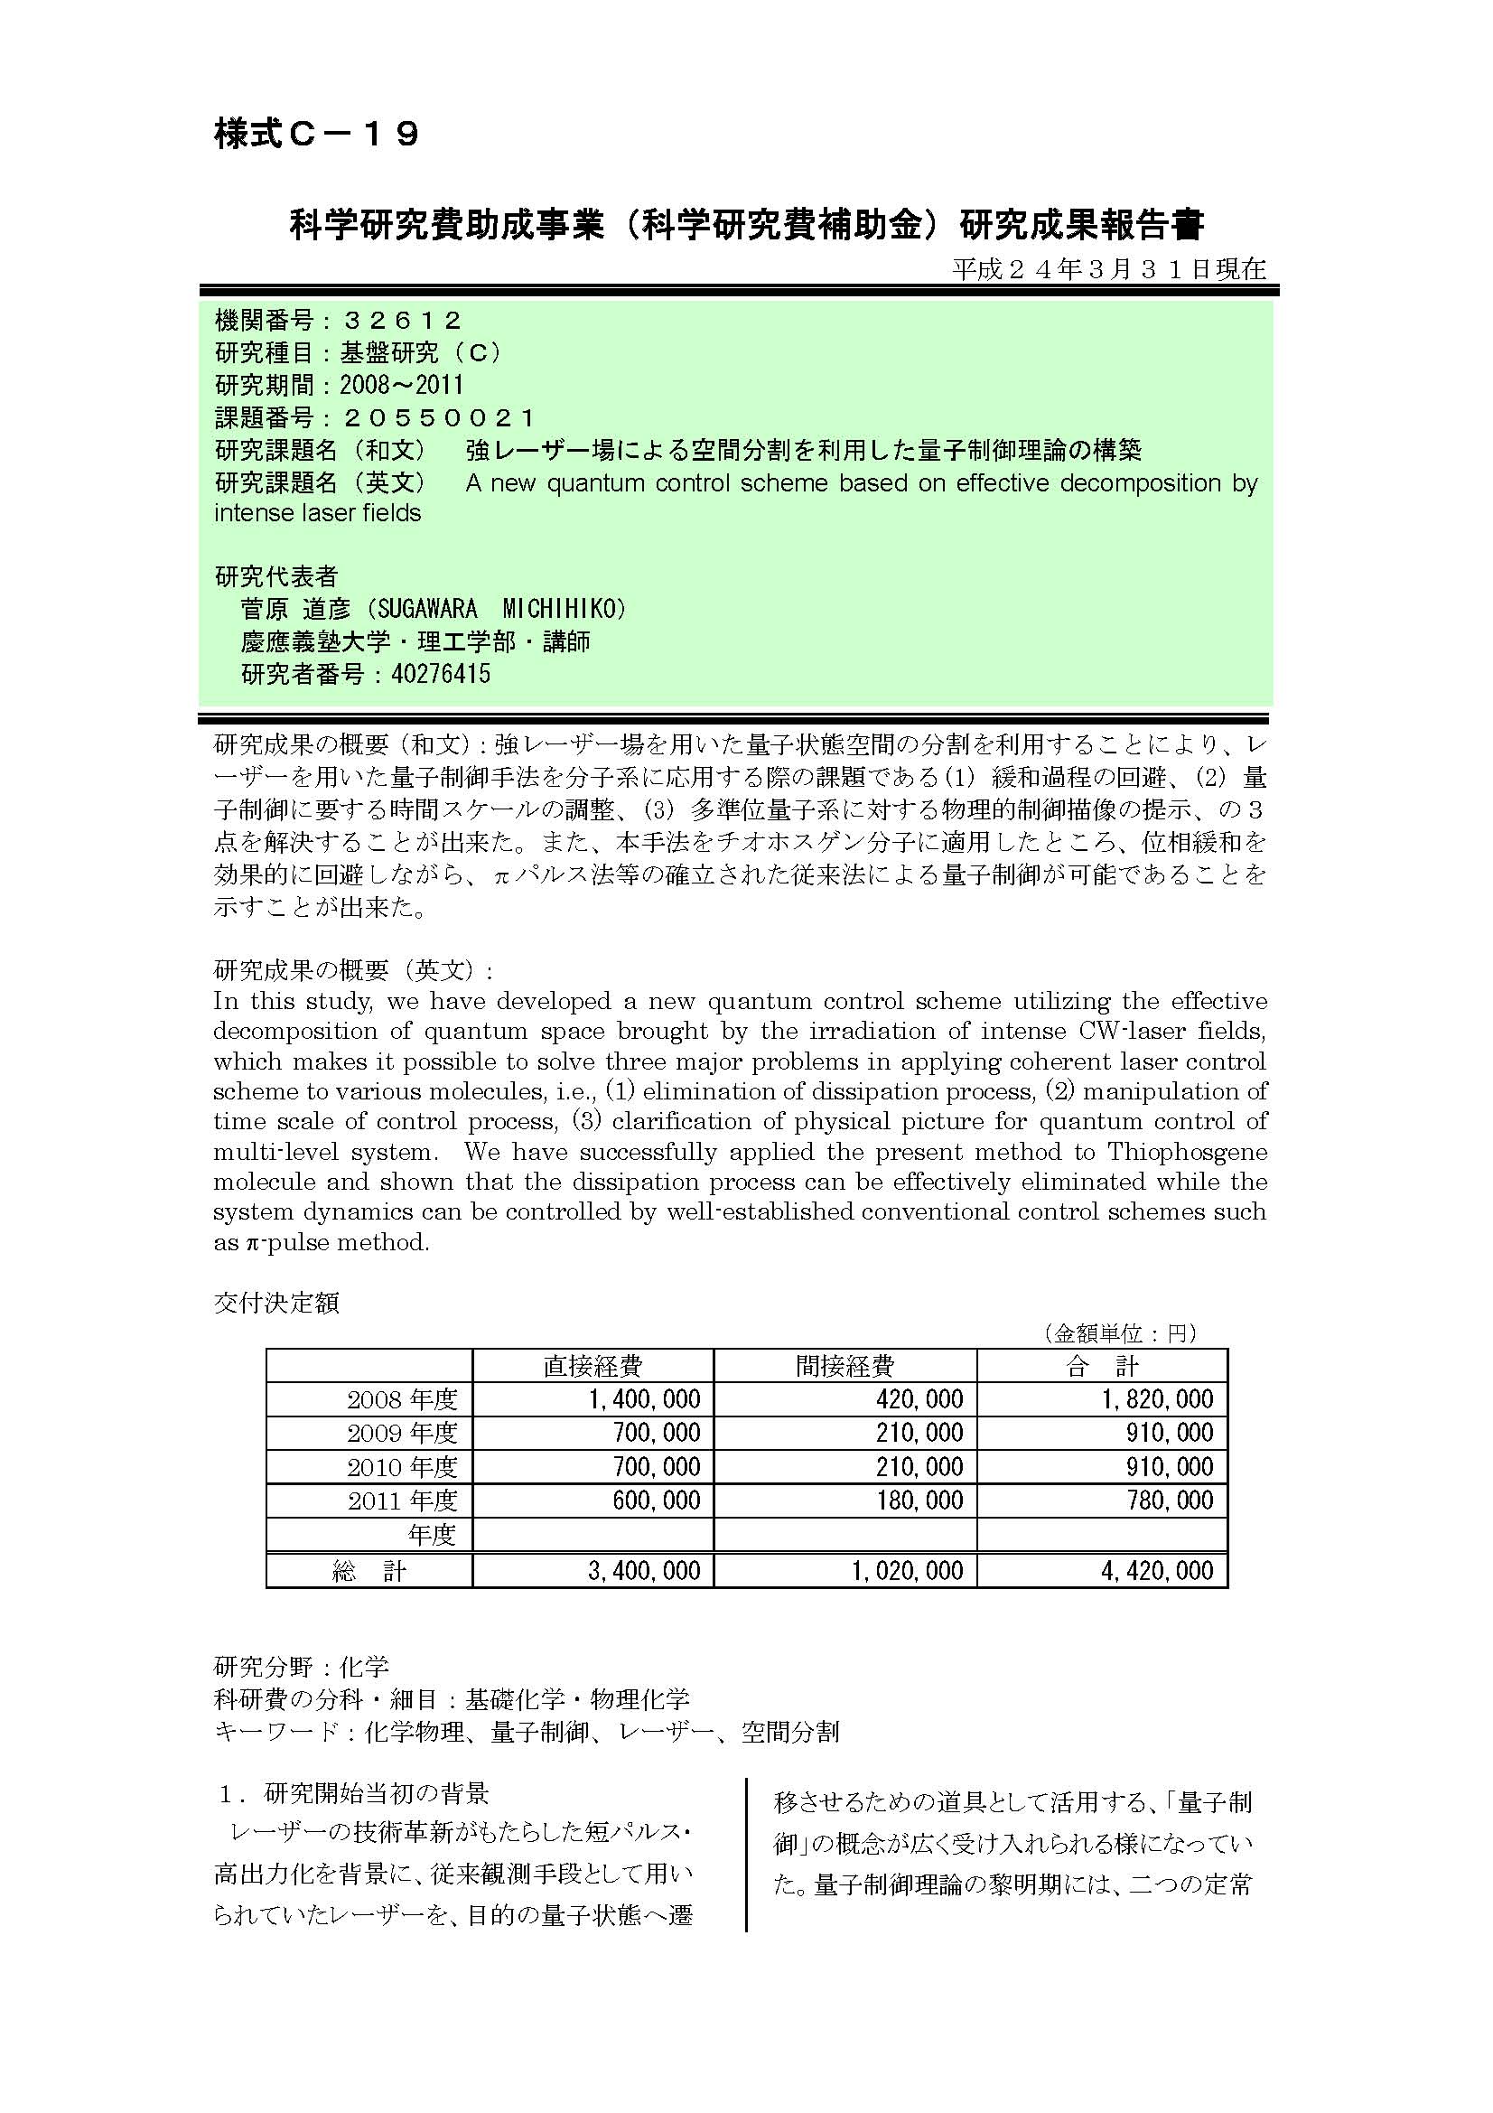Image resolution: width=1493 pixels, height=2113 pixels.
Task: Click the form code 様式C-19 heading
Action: tap(316, 135)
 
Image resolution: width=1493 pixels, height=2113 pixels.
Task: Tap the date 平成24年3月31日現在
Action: tap(1108, 268)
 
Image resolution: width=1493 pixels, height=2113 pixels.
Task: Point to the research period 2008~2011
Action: tap(401, 385)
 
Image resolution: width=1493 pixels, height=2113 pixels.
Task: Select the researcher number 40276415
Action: tap(441, 674)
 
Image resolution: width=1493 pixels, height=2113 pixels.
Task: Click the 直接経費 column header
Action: tap(593, 1366)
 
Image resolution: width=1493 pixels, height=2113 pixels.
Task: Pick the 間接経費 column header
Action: tap(844, 1366)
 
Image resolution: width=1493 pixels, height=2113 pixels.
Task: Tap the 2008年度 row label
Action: tap(402, 1399)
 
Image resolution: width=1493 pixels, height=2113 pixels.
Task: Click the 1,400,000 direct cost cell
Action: tap(644, 1399)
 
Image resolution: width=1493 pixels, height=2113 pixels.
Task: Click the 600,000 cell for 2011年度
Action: tap(656, 1501)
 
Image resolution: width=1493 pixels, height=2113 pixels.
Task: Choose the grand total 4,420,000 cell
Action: tap(1156, 1570)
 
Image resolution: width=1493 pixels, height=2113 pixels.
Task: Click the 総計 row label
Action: tap(369, 1571)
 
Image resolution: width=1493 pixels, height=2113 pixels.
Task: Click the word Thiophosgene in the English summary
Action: tap(1187, 1151)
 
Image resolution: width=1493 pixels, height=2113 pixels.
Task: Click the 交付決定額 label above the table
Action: tap(277, 1303)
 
